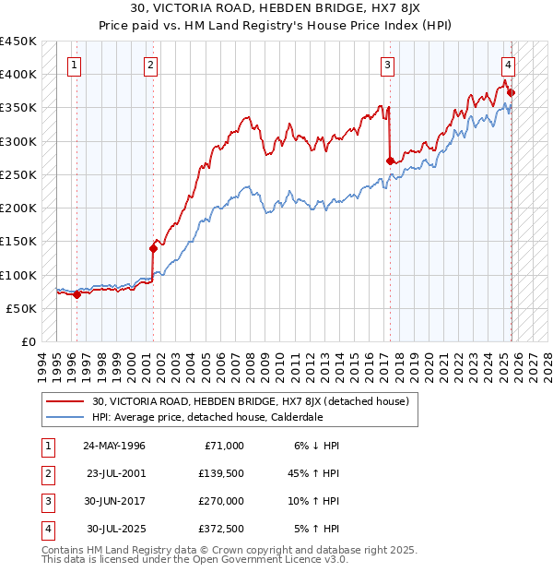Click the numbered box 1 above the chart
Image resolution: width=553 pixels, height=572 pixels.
point(73,65)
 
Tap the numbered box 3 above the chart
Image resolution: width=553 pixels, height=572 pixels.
point(388,65)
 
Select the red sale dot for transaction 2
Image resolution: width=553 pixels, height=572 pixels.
point(154,247)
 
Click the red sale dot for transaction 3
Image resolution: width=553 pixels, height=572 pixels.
point(390,161)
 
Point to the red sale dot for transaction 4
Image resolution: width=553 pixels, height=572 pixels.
point(512,92)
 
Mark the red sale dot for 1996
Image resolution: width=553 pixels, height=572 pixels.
point(76,294)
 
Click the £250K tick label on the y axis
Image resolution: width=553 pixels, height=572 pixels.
point(18,174)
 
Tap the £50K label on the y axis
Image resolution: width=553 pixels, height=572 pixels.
point(22,308)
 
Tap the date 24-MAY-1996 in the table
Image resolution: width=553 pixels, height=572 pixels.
point(113,446)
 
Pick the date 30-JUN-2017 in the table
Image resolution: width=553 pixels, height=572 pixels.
point(113,501)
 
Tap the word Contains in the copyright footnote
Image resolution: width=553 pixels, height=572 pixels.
point(65,550)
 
